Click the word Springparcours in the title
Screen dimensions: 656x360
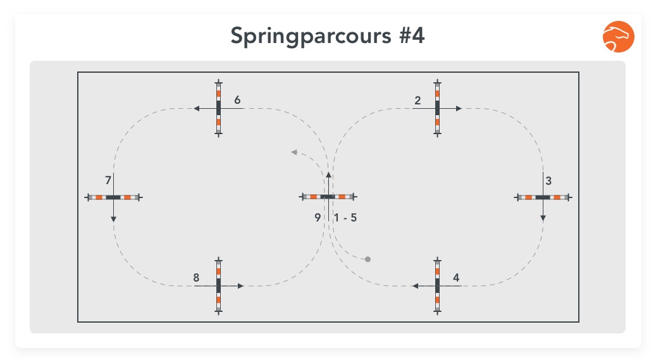point(311,37)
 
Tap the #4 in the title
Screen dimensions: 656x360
point(412,35)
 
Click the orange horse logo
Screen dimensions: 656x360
point(618,37)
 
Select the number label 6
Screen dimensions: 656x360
point(237,100)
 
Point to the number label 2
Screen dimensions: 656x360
point(418,101)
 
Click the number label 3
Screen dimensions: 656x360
point(548,181)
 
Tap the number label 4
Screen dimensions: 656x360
point(456,278)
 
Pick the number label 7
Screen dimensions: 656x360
point(108,180)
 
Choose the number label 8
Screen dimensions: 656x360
point(196,278)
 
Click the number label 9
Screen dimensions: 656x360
point(318,218)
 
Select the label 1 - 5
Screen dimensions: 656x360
point(345,218)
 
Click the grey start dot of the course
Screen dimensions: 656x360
point(368,259)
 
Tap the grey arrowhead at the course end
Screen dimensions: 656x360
point(294,152)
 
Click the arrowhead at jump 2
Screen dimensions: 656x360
point(459,108)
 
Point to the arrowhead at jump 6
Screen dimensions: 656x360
point(196,108)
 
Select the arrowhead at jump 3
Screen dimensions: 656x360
point(543,218)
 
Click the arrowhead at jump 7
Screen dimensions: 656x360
point(113,220)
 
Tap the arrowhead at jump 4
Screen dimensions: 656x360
point(415,286)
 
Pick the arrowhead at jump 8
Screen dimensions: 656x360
point(240,286)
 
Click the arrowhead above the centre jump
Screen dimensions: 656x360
point(328,175)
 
